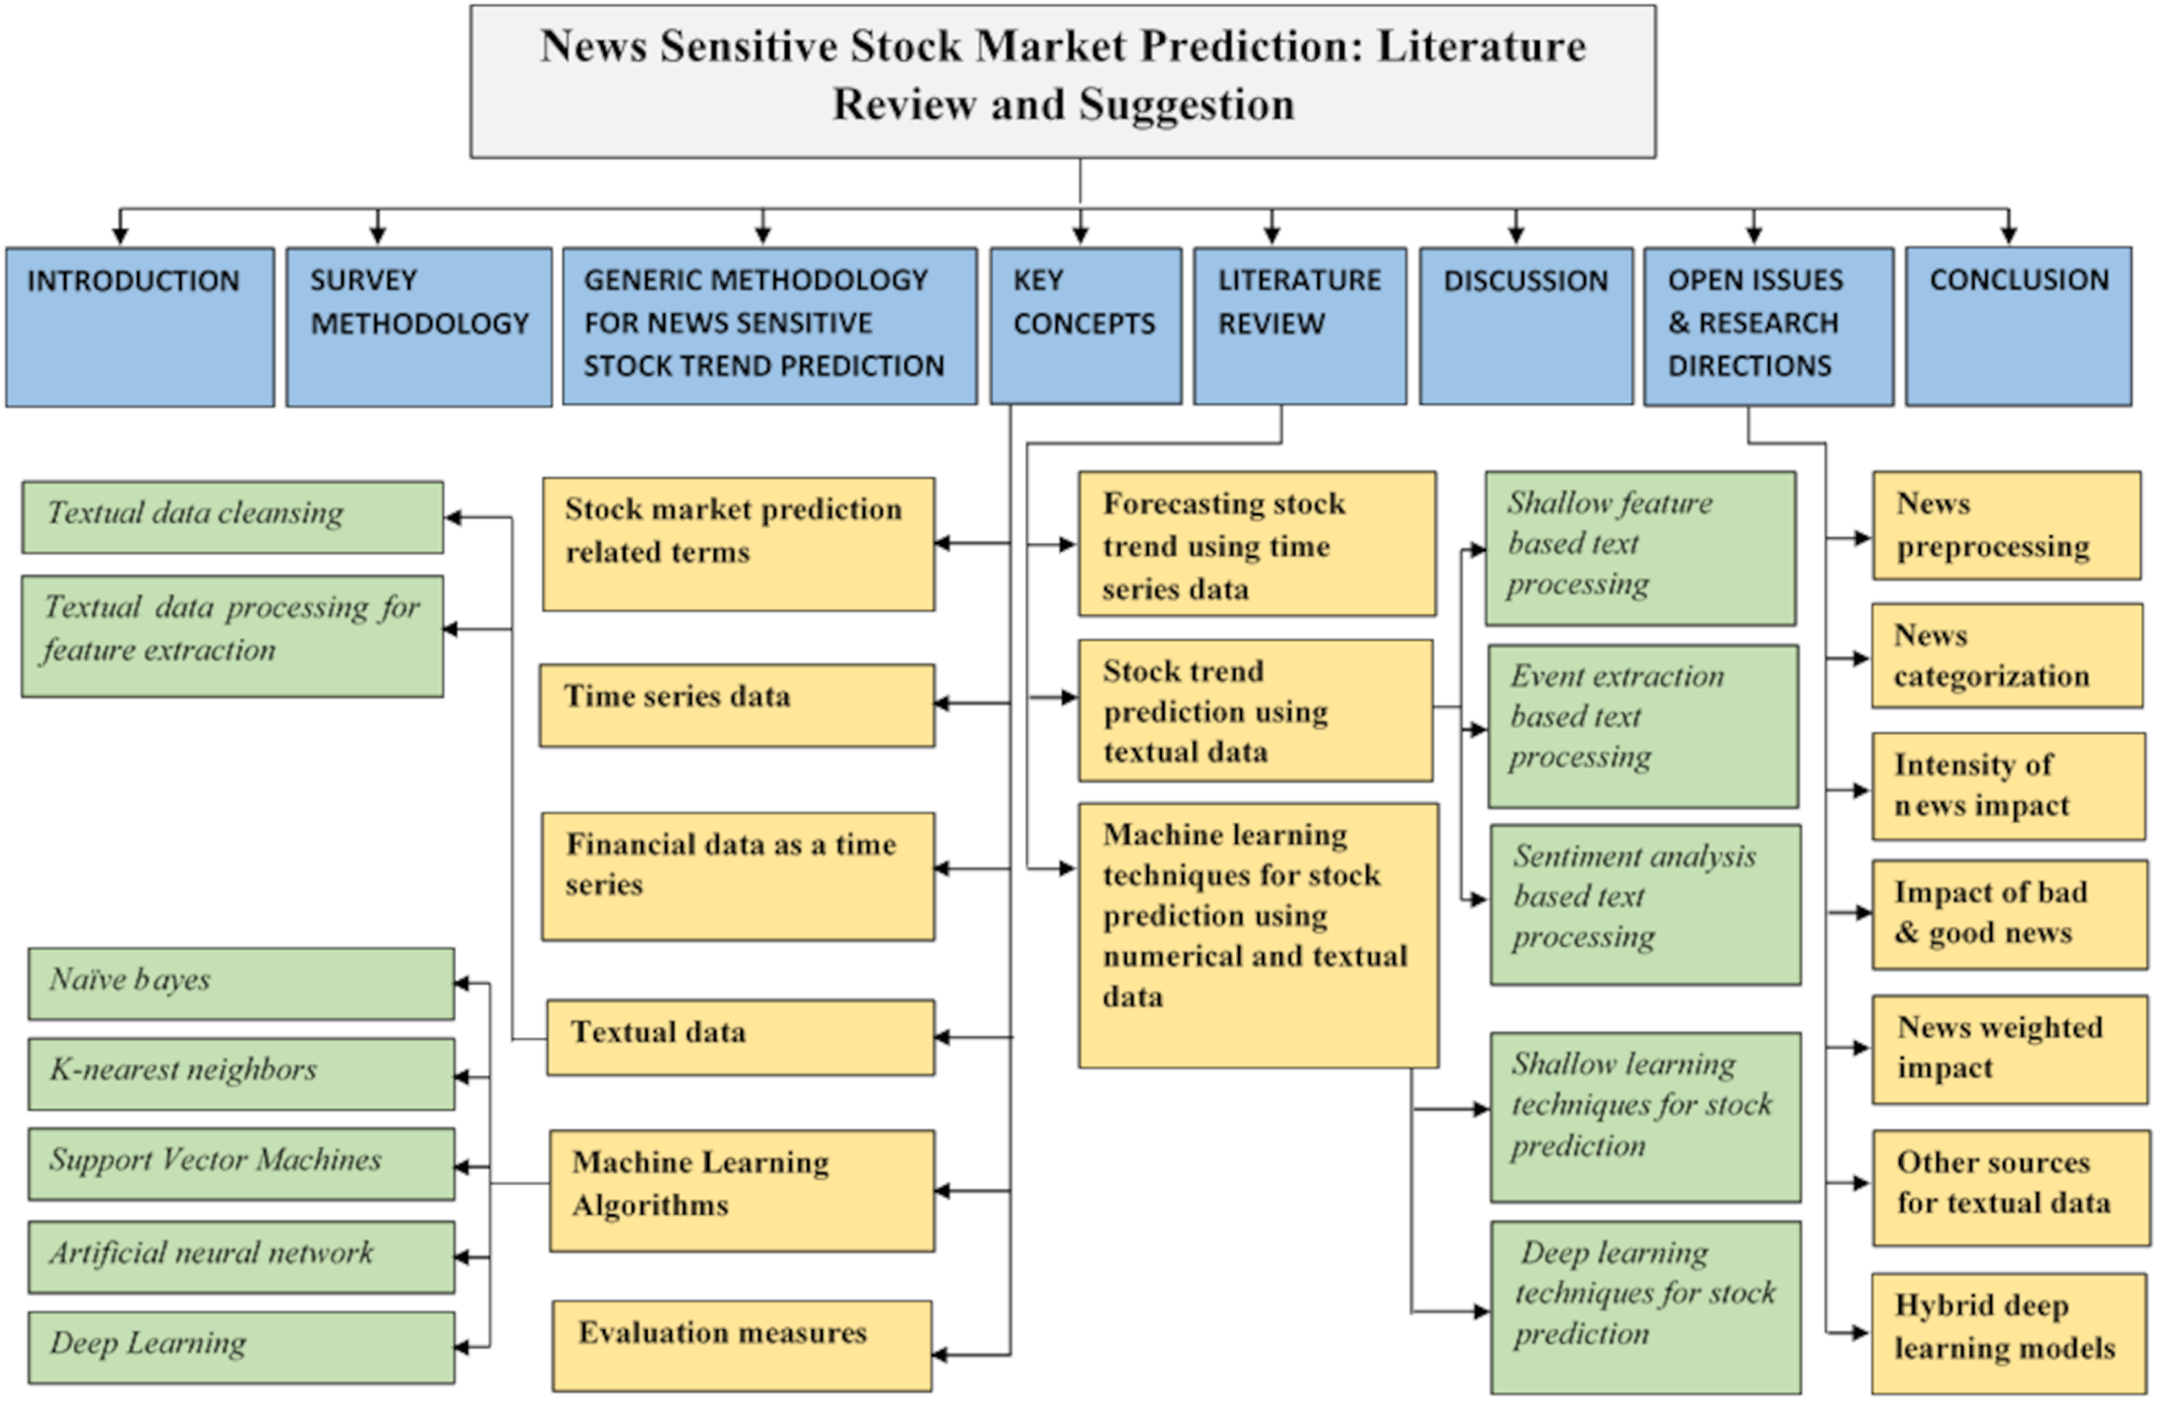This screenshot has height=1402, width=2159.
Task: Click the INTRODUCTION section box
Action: click(140, 326)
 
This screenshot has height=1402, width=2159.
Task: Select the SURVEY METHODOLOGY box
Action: click(418, 326)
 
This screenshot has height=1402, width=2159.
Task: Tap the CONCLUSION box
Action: click(2019, 326)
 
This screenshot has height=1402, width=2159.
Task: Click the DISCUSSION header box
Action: click(1525, 326)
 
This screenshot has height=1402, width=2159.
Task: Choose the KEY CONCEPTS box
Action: click(1085, 326)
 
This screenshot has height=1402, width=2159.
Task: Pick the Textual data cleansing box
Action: click(232, 517)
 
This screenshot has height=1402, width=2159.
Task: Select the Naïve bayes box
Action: click(240, 983)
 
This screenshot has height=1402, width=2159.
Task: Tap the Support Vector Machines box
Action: click(240, 1164)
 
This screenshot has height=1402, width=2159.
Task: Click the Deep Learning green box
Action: click(240, 1347)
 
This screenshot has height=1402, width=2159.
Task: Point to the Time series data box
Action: click(736, 705)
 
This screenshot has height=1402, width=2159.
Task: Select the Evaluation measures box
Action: click(741, 1345)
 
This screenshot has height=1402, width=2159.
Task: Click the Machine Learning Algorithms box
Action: click(741, 1190)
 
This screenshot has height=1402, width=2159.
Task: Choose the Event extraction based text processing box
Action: click(1643, 725)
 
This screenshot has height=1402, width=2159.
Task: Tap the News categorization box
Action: click(2007, 655)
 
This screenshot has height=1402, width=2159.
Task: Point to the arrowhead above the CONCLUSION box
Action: click(2009, 236)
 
